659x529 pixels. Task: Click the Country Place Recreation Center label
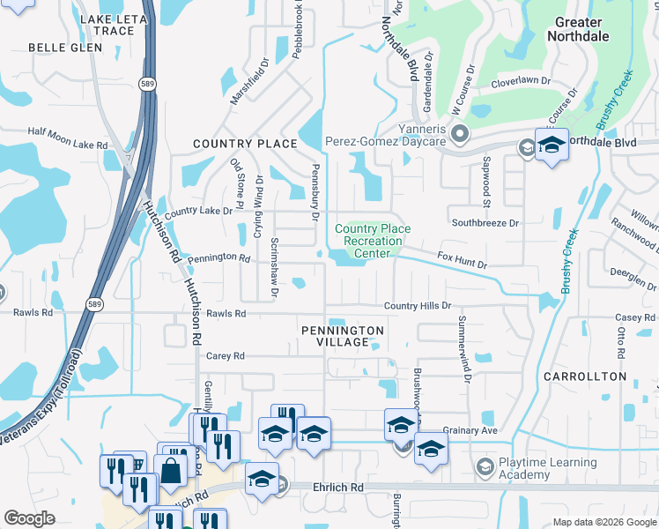tap(373, 241)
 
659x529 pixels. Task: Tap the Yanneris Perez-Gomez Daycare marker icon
tap(457, 135)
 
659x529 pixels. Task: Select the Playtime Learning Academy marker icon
tap(484, 466)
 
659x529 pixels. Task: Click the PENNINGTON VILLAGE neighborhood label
tap(343, 337)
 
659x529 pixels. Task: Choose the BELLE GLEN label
tap(59, 48)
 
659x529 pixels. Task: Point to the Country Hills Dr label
tap(417, 306)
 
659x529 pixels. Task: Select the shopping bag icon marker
tap(171, 471)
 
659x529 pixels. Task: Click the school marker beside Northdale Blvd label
tap(552, 145)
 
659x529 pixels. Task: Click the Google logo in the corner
tap(29, 518)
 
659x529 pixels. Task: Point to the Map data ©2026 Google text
tap(603, 521)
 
